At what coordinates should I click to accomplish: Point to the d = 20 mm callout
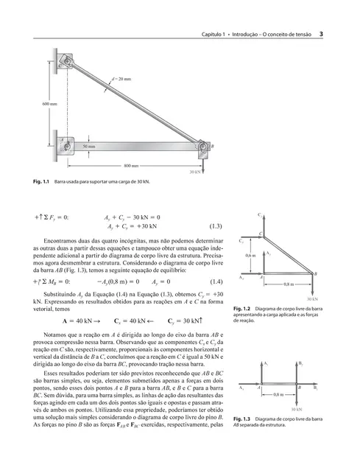(x=121, y=78)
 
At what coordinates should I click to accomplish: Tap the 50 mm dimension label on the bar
(x=89, y=147)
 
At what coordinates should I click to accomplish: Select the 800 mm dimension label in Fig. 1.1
(x=131, y=166)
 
